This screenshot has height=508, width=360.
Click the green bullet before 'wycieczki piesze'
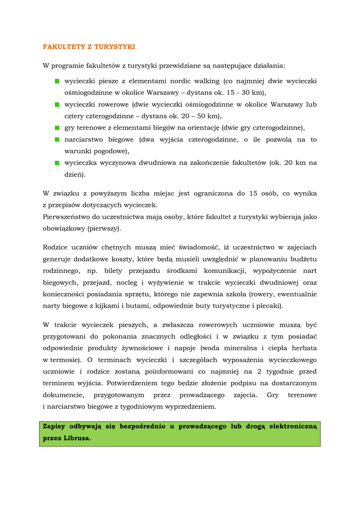(57, 81)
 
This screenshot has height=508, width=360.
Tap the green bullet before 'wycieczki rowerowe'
(57, 105)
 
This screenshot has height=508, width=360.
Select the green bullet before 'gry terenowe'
(57, 128)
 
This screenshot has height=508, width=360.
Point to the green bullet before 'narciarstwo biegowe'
(57, 140)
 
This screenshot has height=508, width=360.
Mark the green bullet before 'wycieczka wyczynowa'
(57, 163)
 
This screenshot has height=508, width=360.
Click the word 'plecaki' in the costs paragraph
(269, 306)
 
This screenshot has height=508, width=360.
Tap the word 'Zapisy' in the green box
(54, 426)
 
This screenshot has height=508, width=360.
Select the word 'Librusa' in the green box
(76, 439)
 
